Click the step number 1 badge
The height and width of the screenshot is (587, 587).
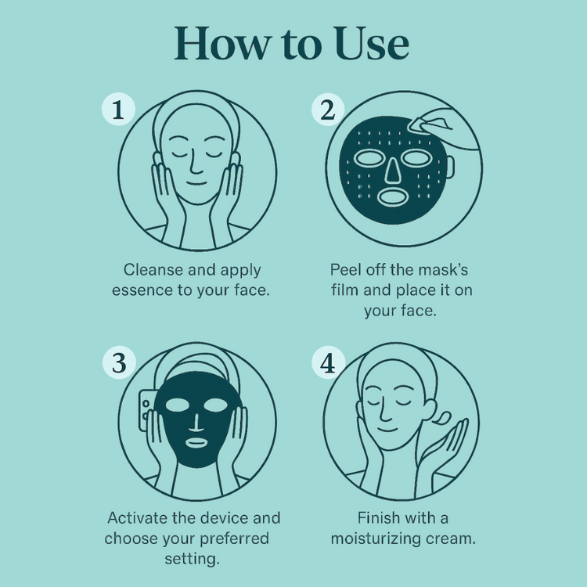[x=118, y=111]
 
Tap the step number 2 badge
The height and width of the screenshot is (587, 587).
[x=327, y=111]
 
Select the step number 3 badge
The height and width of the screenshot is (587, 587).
[x=118, y=362]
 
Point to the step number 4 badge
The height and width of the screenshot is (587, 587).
[x=327, y=363]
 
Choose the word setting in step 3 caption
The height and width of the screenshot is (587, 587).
[x=192, y=559]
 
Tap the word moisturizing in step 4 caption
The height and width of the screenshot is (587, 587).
[x=379, y=538]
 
